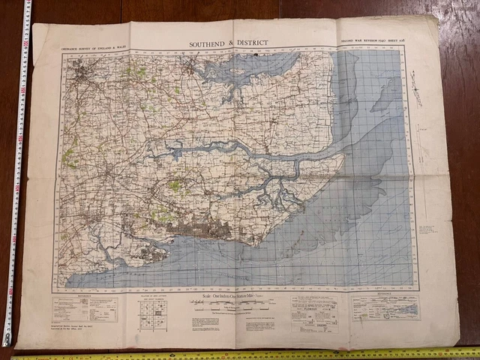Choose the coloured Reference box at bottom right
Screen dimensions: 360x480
pos(385,307)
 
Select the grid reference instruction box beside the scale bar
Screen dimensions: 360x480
pos(313,311)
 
